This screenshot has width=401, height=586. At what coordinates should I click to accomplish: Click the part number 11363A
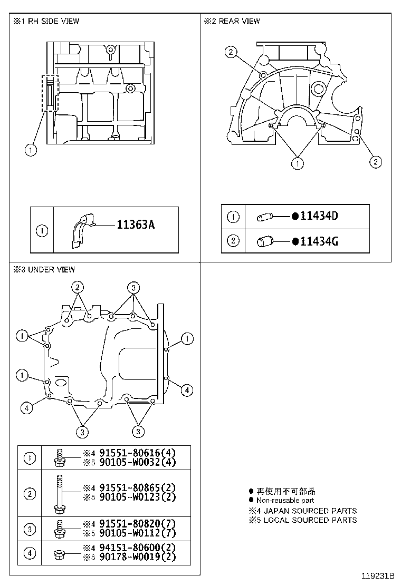point(135,225)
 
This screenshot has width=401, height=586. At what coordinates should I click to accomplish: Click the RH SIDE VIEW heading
point(46,21)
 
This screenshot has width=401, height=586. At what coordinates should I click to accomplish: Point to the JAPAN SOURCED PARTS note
point(303,511)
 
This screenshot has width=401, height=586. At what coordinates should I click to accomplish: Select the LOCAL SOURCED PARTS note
point(303,520)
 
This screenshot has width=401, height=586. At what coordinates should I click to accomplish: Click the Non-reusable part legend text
point(285,500)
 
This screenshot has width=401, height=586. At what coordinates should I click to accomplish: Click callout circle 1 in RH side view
point(31,150)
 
